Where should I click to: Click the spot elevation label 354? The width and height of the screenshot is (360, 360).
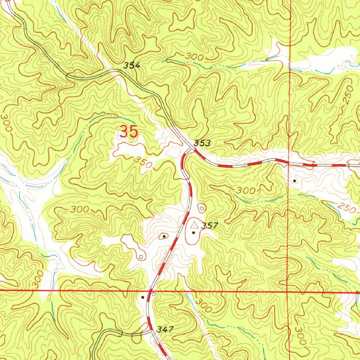point(132,65)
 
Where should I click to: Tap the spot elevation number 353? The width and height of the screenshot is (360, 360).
point(202,143)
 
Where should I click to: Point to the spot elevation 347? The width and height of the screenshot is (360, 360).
point(165,329)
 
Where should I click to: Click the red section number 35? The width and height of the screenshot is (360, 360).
point(129,132)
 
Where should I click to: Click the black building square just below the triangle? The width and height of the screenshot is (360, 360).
point(193,232)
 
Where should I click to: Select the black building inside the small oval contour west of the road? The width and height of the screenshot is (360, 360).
point(164,236)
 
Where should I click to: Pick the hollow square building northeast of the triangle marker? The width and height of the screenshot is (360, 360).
point(201,208)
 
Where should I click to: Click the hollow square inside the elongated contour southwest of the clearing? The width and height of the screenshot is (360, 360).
point(141,257)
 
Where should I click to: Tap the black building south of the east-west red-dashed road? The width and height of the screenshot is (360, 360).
point(295,181)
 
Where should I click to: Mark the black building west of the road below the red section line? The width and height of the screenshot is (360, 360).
point(142,297)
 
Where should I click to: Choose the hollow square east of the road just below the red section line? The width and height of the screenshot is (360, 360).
point(154,294)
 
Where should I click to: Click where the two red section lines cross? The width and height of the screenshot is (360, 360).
point(288,291)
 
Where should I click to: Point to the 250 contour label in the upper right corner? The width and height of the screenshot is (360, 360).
point(347,100)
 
